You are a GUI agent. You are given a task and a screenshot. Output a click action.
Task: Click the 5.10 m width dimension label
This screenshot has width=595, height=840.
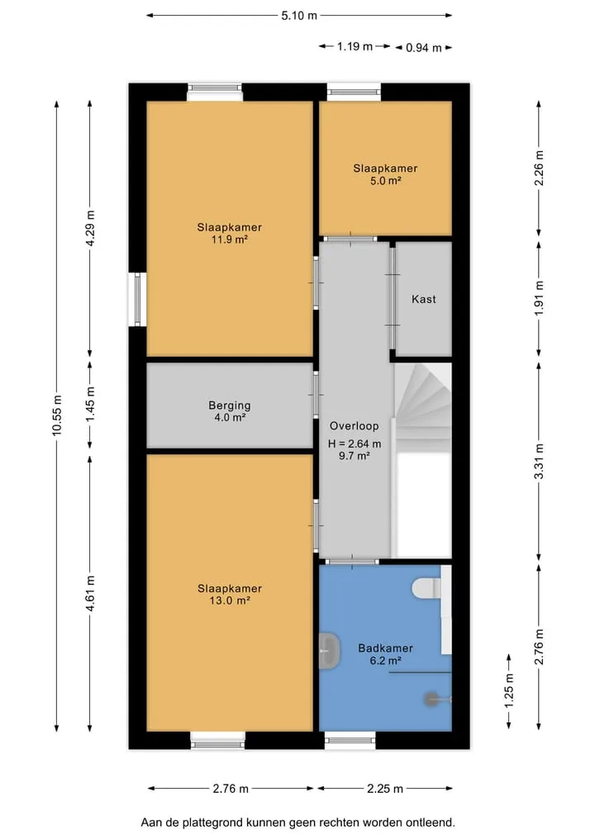point(299,16)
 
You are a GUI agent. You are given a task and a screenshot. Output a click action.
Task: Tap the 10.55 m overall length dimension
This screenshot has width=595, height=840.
point(57,415)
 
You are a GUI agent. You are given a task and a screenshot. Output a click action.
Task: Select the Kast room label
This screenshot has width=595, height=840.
point(423,299)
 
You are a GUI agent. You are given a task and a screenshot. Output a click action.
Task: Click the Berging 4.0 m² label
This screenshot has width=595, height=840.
point(230,411)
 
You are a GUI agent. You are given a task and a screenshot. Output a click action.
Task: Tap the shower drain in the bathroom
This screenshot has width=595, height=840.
point(431,699)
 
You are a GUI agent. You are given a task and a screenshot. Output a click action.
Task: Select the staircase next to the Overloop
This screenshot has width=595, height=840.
point(423,407)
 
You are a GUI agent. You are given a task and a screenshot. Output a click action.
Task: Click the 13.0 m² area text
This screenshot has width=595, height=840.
point(230,600)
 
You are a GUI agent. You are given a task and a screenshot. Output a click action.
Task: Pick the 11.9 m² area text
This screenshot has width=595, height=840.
point(230,240)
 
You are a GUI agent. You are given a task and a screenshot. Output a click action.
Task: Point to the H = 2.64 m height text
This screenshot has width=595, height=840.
point(355,444)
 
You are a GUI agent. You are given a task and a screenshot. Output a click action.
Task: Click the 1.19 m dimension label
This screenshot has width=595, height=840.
point(355,46)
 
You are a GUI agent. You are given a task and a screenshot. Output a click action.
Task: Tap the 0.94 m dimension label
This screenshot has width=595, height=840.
point(423,48)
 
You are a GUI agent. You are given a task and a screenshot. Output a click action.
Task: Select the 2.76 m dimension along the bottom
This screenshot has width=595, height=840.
point(231,789)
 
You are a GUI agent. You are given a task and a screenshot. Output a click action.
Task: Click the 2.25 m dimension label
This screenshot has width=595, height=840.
point(385,789)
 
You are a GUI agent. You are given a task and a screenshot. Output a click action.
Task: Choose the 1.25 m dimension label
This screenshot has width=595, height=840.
point(509,691)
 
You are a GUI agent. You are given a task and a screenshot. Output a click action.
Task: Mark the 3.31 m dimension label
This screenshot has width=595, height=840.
point(540,461)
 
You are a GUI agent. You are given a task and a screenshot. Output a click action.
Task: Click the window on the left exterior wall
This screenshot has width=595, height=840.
point(138,299)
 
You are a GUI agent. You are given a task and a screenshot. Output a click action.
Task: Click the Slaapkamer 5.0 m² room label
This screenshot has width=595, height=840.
point(385,174)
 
